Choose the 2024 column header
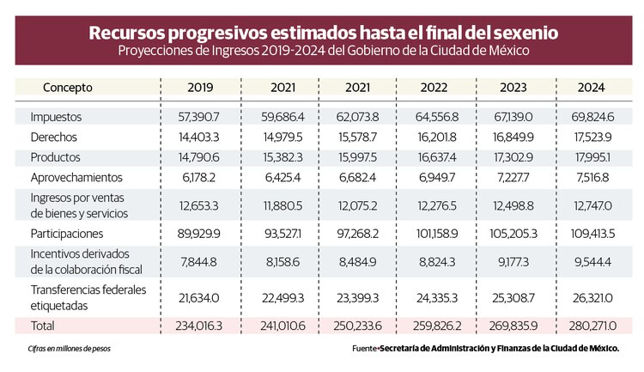(592, 88)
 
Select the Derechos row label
(55, 136)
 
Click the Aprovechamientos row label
(76, 177)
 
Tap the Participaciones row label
(67, 233)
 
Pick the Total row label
(44, 326)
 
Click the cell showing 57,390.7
(201, 115)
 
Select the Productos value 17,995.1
(592, 156)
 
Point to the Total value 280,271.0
(592, 326)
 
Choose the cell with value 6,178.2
(201, 177)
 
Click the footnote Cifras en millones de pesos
(70, 349)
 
